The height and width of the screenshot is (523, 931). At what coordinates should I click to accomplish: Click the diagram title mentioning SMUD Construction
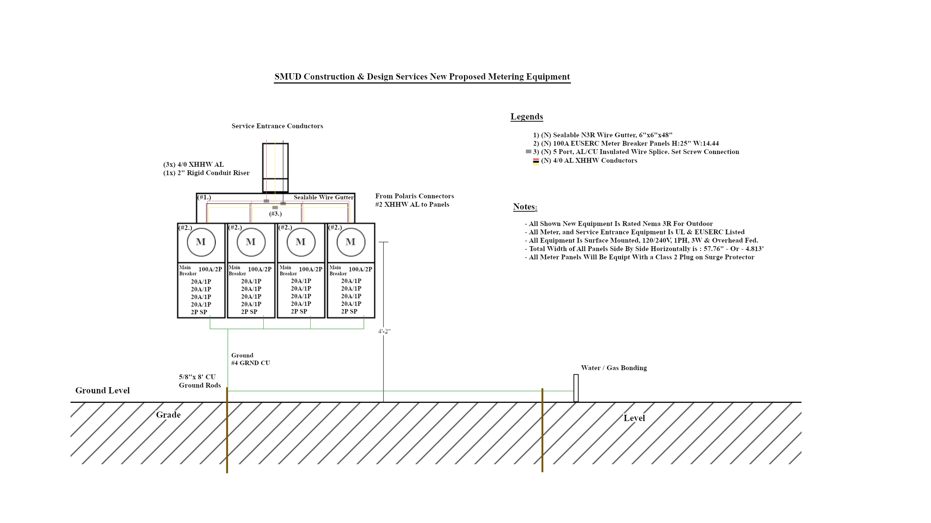[422, 77]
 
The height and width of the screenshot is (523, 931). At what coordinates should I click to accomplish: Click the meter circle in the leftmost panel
[201, 242]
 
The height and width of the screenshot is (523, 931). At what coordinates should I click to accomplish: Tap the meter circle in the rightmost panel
[351, 242]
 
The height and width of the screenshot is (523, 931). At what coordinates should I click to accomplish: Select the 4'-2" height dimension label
[384, 331]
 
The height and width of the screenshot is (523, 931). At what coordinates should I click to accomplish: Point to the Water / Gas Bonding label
[614, 368]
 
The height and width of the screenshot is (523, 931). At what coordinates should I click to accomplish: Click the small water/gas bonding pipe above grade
[576, 388]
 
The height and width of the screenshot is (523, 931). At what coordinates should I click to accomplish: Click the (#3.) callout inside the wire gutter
[276, 214]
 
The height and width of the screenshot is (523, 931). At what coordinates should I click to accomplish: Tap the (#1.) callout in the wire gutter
[204, 197]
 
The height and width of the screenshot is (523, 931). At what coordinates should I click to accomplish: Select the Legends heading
[527, 117]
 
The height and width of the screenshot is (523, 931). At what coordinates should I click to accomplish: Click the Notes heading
[525, 207]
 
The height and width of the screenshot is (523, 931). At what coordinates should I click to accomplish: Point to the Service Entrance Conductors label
[277, 126]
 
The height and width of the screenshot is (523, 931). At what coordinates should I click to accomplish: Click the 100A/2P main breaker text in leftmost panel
[210, 269]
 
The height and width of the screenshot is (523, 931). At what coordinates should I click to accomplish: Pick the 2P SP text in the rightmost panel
[349, 311]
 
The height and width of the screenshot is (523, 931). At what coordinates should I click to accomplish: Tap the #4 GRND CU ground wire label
[251, 363]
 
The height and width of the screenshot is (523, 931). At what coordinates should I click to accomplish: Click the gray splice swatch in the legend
[528, 152]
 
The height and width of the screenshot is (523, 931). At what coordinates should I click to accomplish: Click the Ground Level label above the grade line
[102, 391]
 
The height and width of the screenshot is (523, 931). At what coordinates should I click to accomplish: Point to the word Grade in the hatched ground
[168, 415]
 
